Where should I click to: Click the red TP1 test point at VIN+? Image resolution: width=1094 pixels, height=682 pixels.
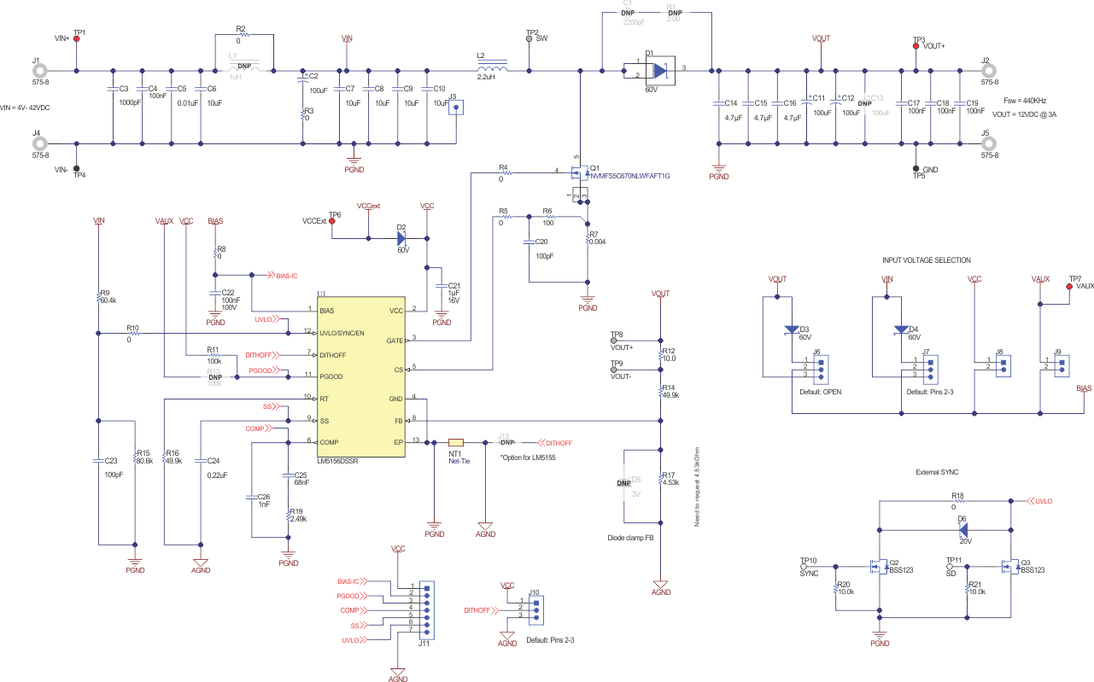coord(77,39)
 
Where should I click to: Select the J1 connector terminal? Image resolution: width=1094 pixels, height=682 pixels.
coord(38,71)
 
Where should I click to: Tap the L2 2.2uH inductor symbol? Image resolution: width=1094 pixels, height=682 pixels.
coord(491,70)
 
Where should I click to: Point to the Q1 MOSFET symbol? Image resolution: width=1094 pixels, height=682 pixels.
coord(582,175)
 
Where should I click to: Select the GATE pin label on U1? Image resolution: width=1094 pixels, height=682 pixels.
coord(394,341)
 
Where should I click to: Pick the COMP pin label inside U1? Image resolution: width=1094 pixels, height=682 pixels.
coord(331,442)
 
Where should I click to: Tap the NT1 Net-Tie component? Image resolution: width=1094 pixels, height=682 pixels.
coord(455,442)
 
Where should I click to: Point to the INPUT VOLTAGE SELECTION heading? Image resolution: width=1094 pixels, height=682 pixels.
coord(926,260)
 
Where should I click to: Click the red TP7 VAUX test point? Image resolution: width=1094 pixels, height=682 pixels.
coord(1068,287)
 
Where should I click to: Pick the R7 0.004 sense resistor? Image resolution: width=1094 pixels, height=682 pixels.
coord(588,240)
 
